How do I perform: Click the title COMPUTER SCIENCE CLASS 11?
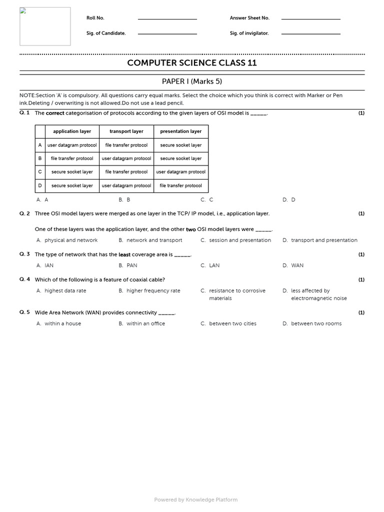point(192,63)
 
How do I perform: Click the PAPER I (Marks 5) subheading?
point(192,81)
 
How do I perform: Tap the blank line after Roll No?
point(167,18)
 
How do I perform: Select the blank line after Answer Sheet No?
point(310,18)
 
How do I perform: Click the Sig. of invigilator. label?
point(249,33)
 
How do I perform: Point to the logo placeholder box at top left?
point(45,26)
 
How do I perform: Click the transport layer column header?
point(126,131)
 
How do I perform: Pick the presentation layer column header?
point(181,131)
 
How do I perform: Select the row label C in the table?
point(40,172)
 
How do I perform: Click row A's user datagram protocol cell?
point(72,145)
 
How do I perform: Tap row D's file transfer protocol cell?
point(181,185)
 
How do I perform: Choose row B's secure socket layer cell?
point(181,158)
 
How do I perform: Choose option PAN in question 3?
point(131,265)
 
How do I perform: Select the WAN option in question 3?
point(297,265)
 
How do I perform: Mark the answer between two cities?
point(232,323)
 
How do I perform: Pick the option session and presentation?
point(240,240)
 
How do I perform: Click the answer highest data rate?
point(65,290)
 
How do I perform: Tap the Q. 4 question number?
point(24,279)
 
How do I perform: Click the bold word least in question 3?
point(124,254)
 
